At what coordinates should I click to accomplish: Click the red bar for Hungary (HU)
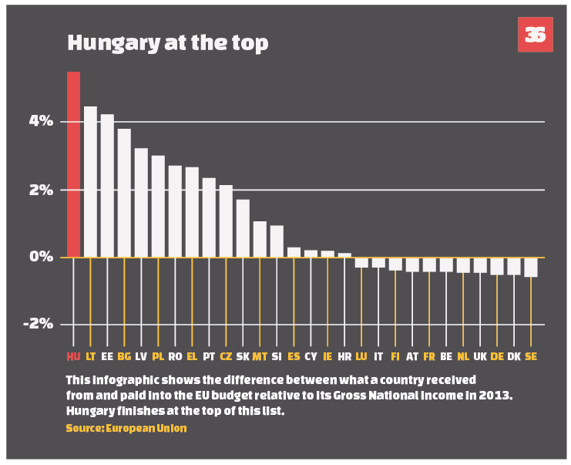[x=73, y=163]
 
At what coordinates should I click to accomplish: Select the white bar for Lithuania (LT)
[x=90, y=181]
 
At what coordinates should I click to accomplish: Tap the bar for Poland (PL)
[x=158, y=206]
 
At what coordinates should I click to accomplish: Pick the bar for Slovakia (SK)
[x=243, y=227]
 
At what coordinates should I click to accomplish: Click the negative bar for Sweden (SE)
[x=531, y=267]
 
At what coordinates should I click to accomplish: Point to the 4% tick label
[x=41, y=121]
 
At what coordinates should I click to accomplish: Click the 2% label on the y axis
[x=41, y=190]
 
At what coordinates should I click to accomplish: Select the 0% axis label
[x=41, y=257]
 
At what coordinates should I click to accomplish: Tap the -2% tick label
[x=38, y=324]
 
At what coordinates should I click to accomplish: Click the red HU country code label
[x=73, y=356]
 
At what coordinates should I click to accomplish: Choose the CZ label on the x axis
[x=226, y=356]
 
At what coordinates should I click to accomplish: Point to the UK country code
[x=480, y=356]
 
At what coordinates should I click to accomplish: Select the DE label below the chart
[x=497, y=356]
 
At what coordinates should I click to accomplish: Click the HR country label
[x=344, y=356]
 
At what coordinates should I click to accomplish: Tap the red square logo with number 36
[x=535, y=35]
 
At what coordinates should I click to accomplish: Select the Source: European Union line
[x=126, y=427]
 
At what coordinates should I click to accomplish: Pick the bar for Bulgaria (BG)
[x=124, y=193]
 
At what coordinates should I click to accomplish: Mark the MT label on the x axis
[x=260, y=356]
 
